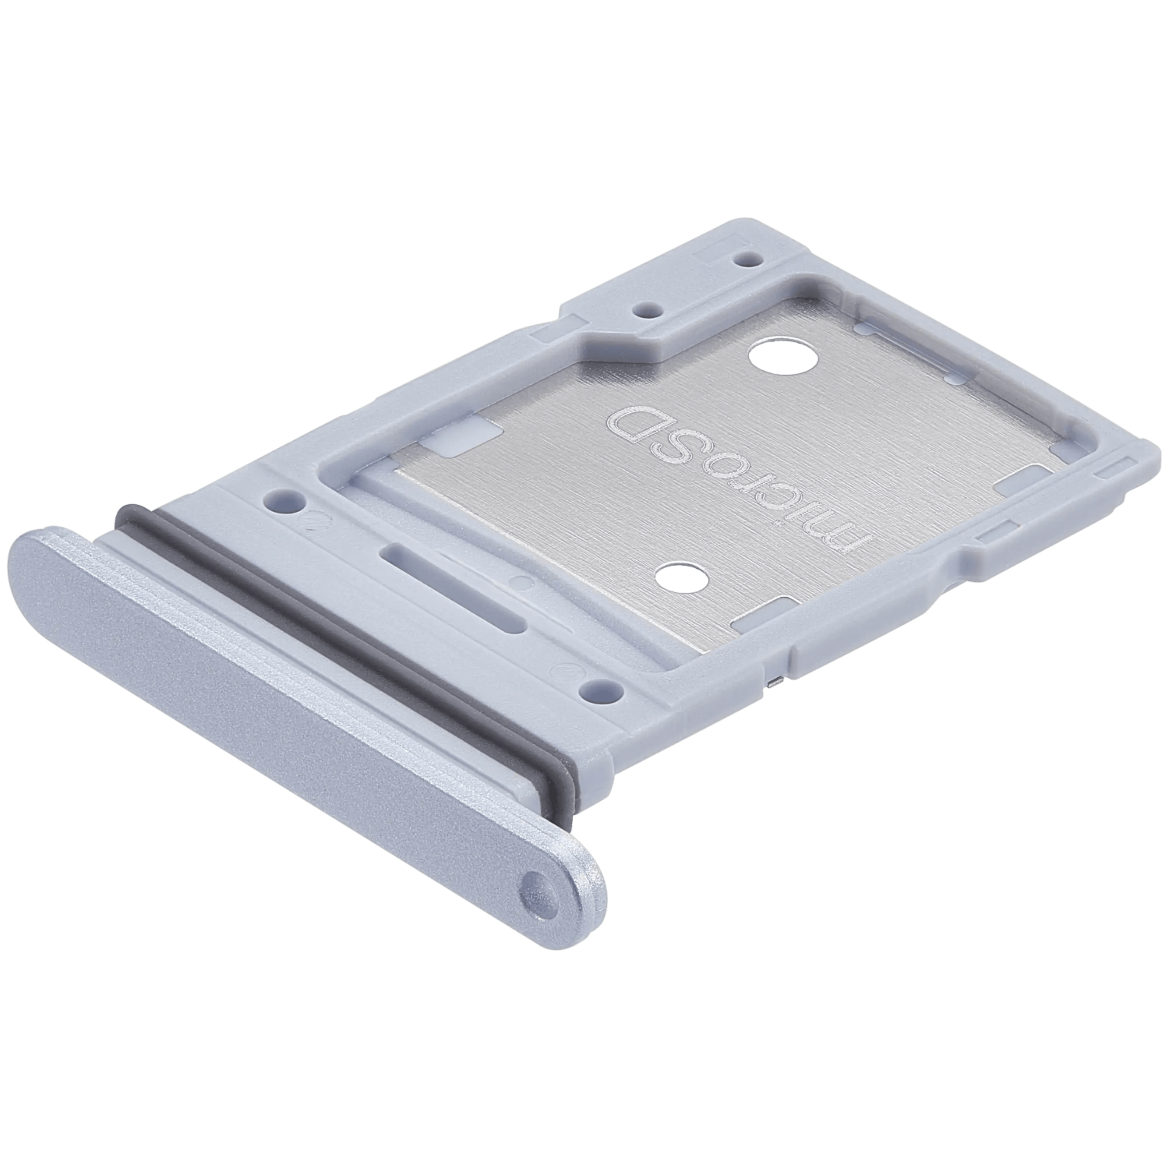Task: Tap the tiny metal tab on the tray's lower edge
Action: pos(771,683)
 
